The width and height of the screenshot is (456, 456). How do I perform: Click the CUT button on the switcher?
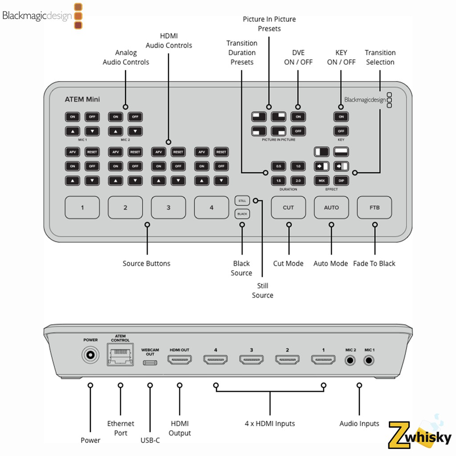pyautogui.click(x=288, y=208)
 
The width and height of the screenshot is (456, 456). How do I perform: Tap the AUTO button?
pyautogui.click(x=331, y=208)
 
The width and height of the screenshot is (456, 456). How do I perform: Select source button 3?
pyautogui.click(x=168, y=208)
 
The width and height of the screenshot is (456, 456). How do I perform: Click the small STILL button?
pyautogui.click(x=242, y=200)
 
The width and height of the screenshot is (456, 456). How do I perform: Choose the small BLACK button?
pyautogui.click(x=242, y=214)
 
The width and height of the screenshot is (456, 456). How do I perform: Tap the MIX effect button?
pyautogui.click(x=321, y=180)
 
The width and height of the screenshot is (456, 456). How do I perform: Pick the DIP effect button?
pyautogui.click(x=341, y=180)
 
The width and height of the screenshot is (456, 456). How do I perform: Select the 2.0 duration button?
pyautogui.click(x=298, y=180)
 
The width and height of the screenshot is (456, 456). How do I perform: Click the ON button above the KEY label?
pyautogui.click(x=341, y=117)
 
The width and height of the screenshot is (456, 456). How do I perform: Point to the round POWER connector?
pyautogui.click(x=90, y=356)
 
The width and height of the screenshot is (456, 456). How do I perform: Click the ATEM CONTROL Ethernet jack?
pyautogui.click(x=120, y=356)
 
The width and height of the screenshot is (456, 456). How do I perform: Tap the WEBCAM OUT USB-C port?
pyautogui.click(x=150, y=362)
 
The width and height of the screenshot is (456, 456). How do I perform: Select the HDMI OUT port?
pyautogui.click(x=179, y=359)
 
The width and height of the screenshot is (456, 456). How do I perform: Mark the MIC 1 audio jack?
pyautogui.click(x=369, y=360)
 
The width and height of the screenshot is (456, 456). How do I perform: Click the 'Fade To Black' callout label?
pyautogui.click(x=374, y=264)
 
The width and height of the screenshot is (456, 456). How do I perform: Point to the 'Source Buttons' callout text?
pyautogui.click(x=147, y=264)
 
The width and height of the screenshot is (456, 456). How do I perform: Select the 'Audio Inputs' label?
pyautogui.click(x=359, y=423)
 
